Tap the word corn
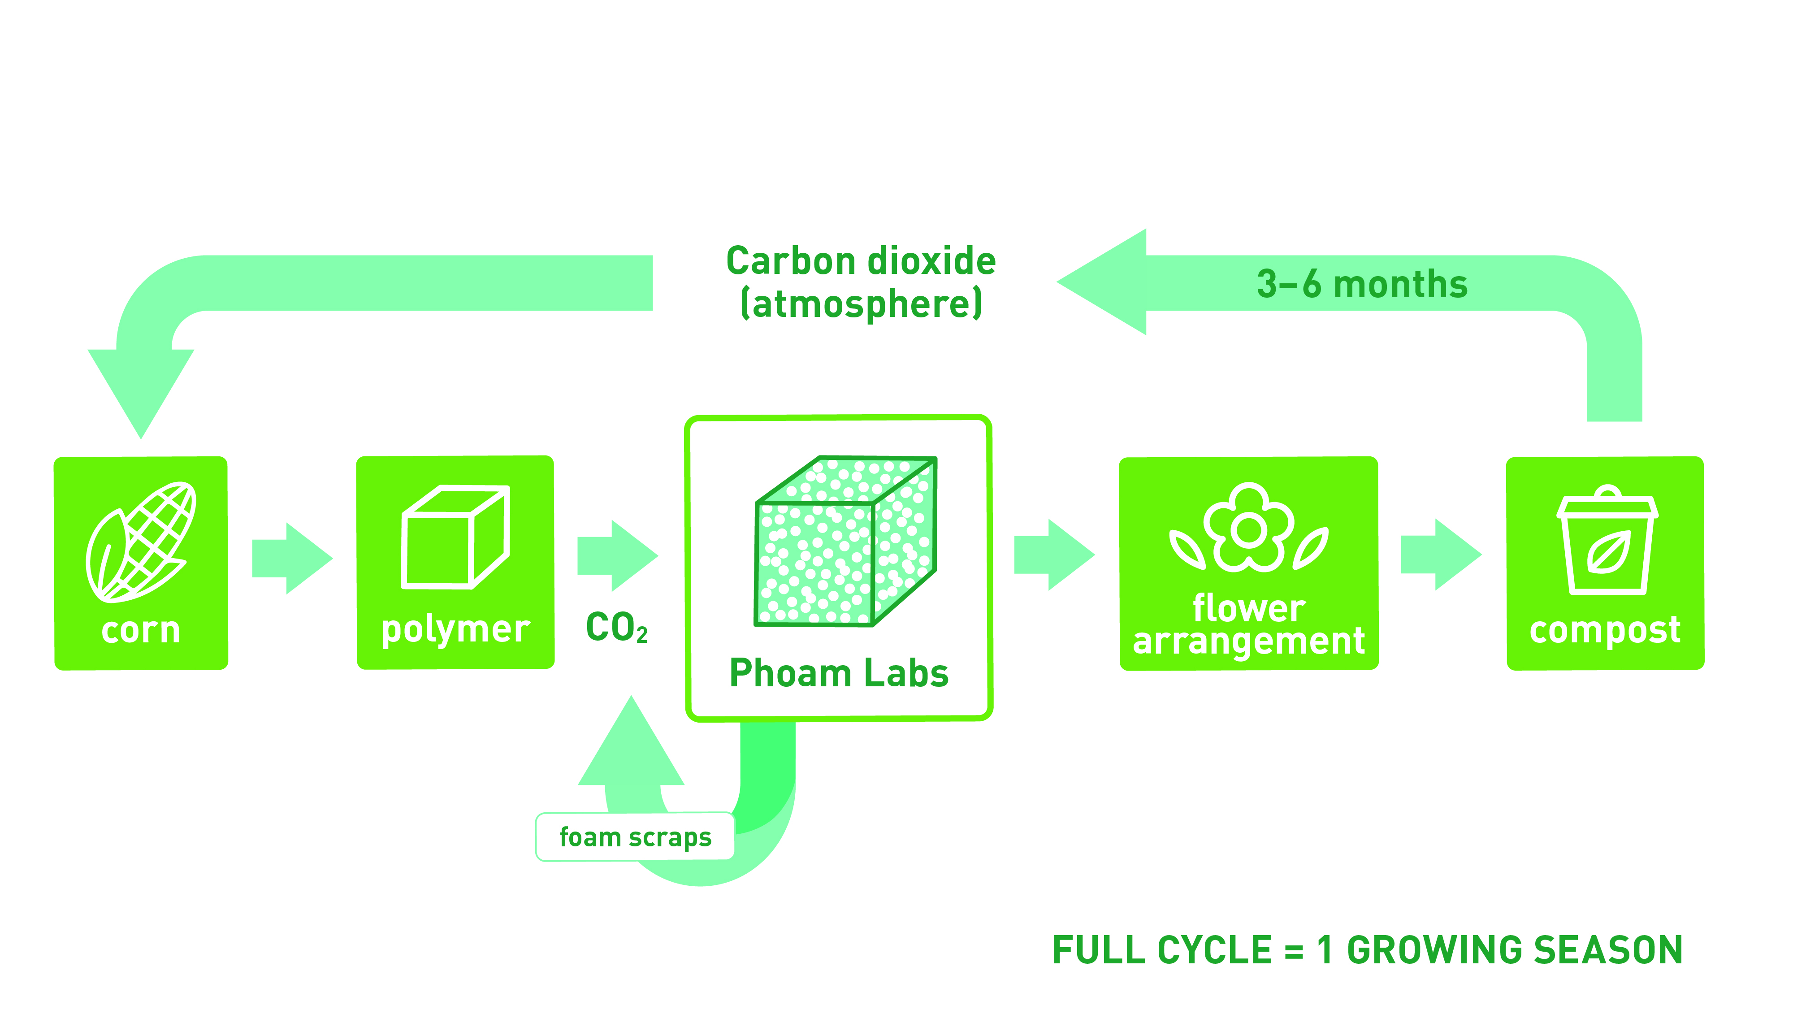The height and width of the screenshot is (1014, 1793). click(x=141, y=630)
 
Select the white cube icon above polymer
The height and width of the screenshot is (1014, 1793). click(x=455, y=537)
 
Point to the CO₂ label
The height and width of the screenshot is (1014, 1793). click(x=617, y=628)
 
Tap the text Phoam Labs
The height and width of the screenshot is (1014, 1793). click(x=839, y=673)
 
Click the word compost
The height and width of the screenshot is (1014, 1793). click(x=1605, y=630)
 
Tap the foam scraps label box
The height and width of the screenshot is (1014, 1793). click(x=635, y=837)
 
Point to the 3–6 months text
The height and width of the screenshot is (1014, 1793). click(x=1362, y=284)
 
